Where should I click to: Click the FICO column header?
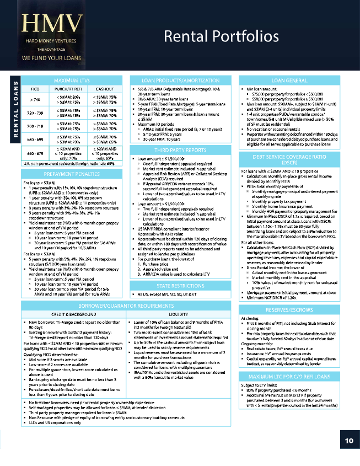pyautogui.click(x=35, y=88)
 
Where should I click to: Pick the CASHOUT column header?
pyautogui.click(x=104, y=88)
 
